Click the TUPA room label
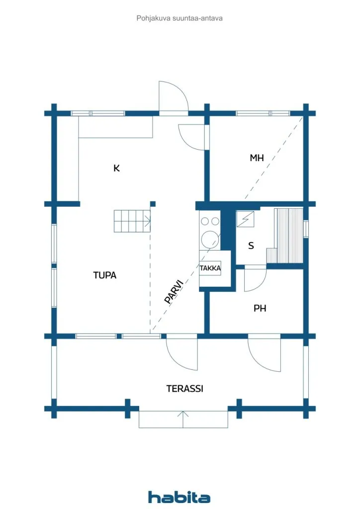tap(104, 275)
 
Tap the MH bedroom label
tap(257, 158)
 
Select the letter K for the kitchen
tap(116, 168)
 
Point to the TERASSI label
tap(184, 389)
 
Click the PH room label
tap(260, 308)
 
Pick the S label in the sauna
tap(251, 246)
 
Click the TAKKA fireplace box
tap(210, 268)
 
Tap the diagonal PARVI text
tap(174, 291)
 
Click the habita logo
tap(179, 497)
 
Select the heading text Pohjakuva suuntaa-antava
tap(180, 18)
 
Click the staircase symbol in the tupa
tap(132, 221)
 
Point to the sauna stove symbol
tap(245, 219)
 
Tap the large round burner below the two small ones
tap(209, 239)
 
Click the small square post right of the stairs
tap(153, 204)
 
